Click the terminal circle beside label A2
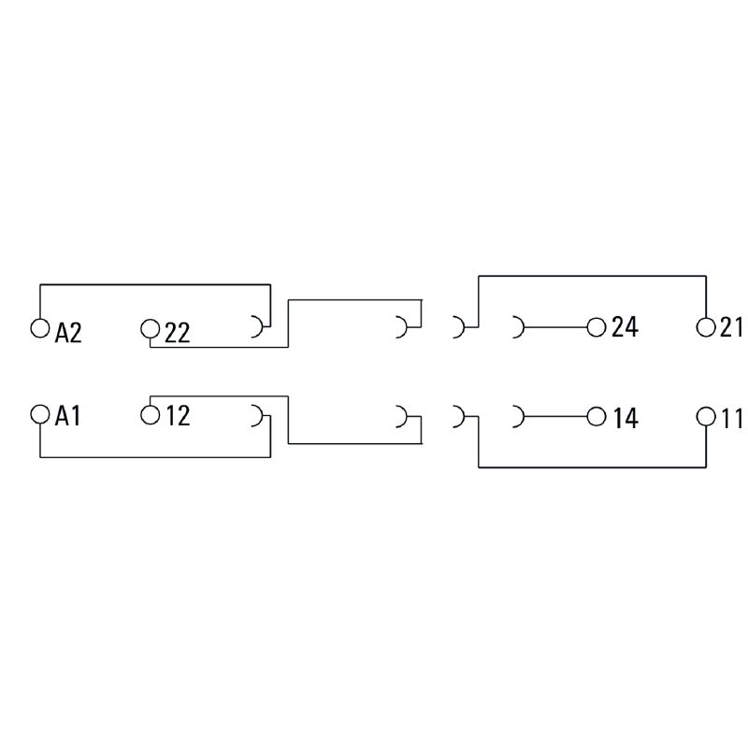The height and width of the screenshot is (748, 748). coord(39,328)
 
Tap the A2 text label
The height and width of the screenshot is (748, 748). coord(68,333)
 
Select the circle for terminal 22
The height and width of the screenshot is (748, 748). coord(150,329)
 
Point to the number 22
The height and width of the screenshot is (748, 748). coord(178,333)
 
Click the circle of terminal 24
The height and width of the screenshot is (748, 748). coord(597,328)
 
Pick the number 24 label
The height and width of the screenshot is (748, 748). coord(625,327)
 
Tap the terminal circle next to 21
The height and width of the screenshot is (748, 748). coord(706,328)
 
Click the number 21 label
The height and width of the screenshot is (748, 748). coord(730,327)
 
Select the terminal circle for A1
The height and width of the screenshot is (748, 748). coord(40,414)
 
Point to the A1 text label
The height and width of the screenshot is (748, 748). coord(67,416)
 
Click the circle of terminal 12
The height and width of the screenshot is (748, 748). coord(151,414)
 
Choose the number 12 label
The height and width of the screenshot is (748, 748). coord(178,415)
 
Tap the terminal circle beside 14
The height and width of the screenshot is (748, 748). coord(597,416)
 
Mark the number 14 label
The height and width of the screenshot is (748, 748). coord(625,418)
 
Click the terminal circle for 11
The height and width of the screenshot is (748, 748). coord(706,416)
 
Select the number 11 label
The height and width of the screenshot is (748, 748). coord(731,418)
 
